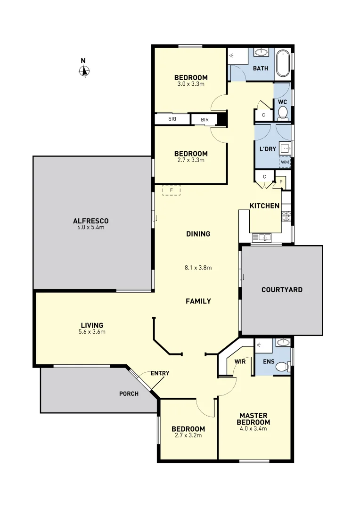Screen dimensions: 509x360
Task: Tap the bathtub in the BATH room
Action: coord(283,63)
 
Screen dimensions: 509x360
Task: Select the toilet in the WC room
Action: coord(283,112)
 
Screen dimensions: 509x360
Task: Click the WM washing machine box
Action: coord(285,163)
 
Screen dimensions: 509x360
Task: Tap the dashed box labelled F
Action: coord(172,190)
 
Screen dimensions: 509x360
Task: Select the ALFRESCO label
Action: coord(91,221)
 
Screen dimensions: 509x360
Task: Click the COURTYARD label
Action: coord(282,290)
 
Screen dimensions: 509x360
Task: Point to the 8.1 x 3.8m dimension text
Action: coord(198,268)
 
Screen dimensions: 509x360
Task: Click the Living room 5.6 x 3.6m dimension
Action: coord(92,332)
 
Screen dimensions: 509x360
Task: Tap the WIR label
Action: coord(240,361)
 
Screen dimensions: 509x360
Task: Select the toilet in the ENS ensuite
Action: coord(282,367)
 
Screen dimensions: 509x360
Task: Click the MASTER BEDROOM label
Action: coord(254,419)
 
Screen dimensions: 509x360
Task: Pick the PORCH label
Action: coord(129,394)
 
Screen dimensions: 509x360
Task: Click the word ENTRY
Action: coord(160,373)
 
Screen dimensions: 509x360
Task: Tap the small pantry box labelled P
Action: coord(280,181)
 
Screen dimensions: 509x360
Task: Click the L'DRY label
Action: coord(268,149)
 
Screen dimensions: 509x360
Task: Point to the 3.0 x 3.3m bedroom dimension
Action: coord(191,84)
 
